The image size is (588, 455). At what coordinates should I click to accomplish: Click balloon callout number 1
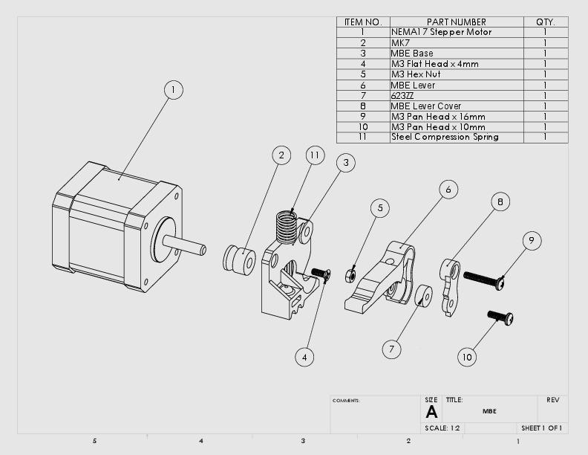click(x=173, y=90)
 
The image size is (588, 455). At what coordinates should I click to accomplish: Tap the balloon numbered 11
click(x=315, y=155)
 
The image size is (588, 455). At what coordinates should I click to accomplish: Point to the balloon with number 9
click(x=530, y=240)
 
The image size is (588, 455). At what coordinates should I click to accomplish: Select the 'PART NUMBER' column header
click(x=456, y=22)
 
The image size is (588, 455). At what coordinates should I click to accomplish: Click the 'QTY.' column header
click(x=546, y=22)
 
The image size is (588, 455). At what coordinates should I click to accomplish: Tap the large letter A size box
click(x=431, y=412)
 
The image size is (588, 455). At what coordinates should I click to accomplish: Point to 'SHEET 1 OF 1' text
click(x=541, y=428)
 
